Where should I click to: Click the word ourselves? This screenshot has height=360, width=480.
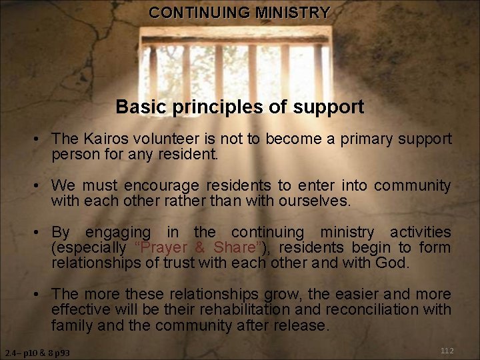[314, 201]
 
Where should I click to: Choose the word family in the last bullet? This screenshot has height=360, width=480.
[72, 325]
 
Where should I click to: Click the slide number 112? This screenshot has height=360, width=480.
[447, 351]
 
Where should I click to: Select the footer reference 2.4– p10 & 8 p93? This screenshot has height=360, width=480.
[37, 352]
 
